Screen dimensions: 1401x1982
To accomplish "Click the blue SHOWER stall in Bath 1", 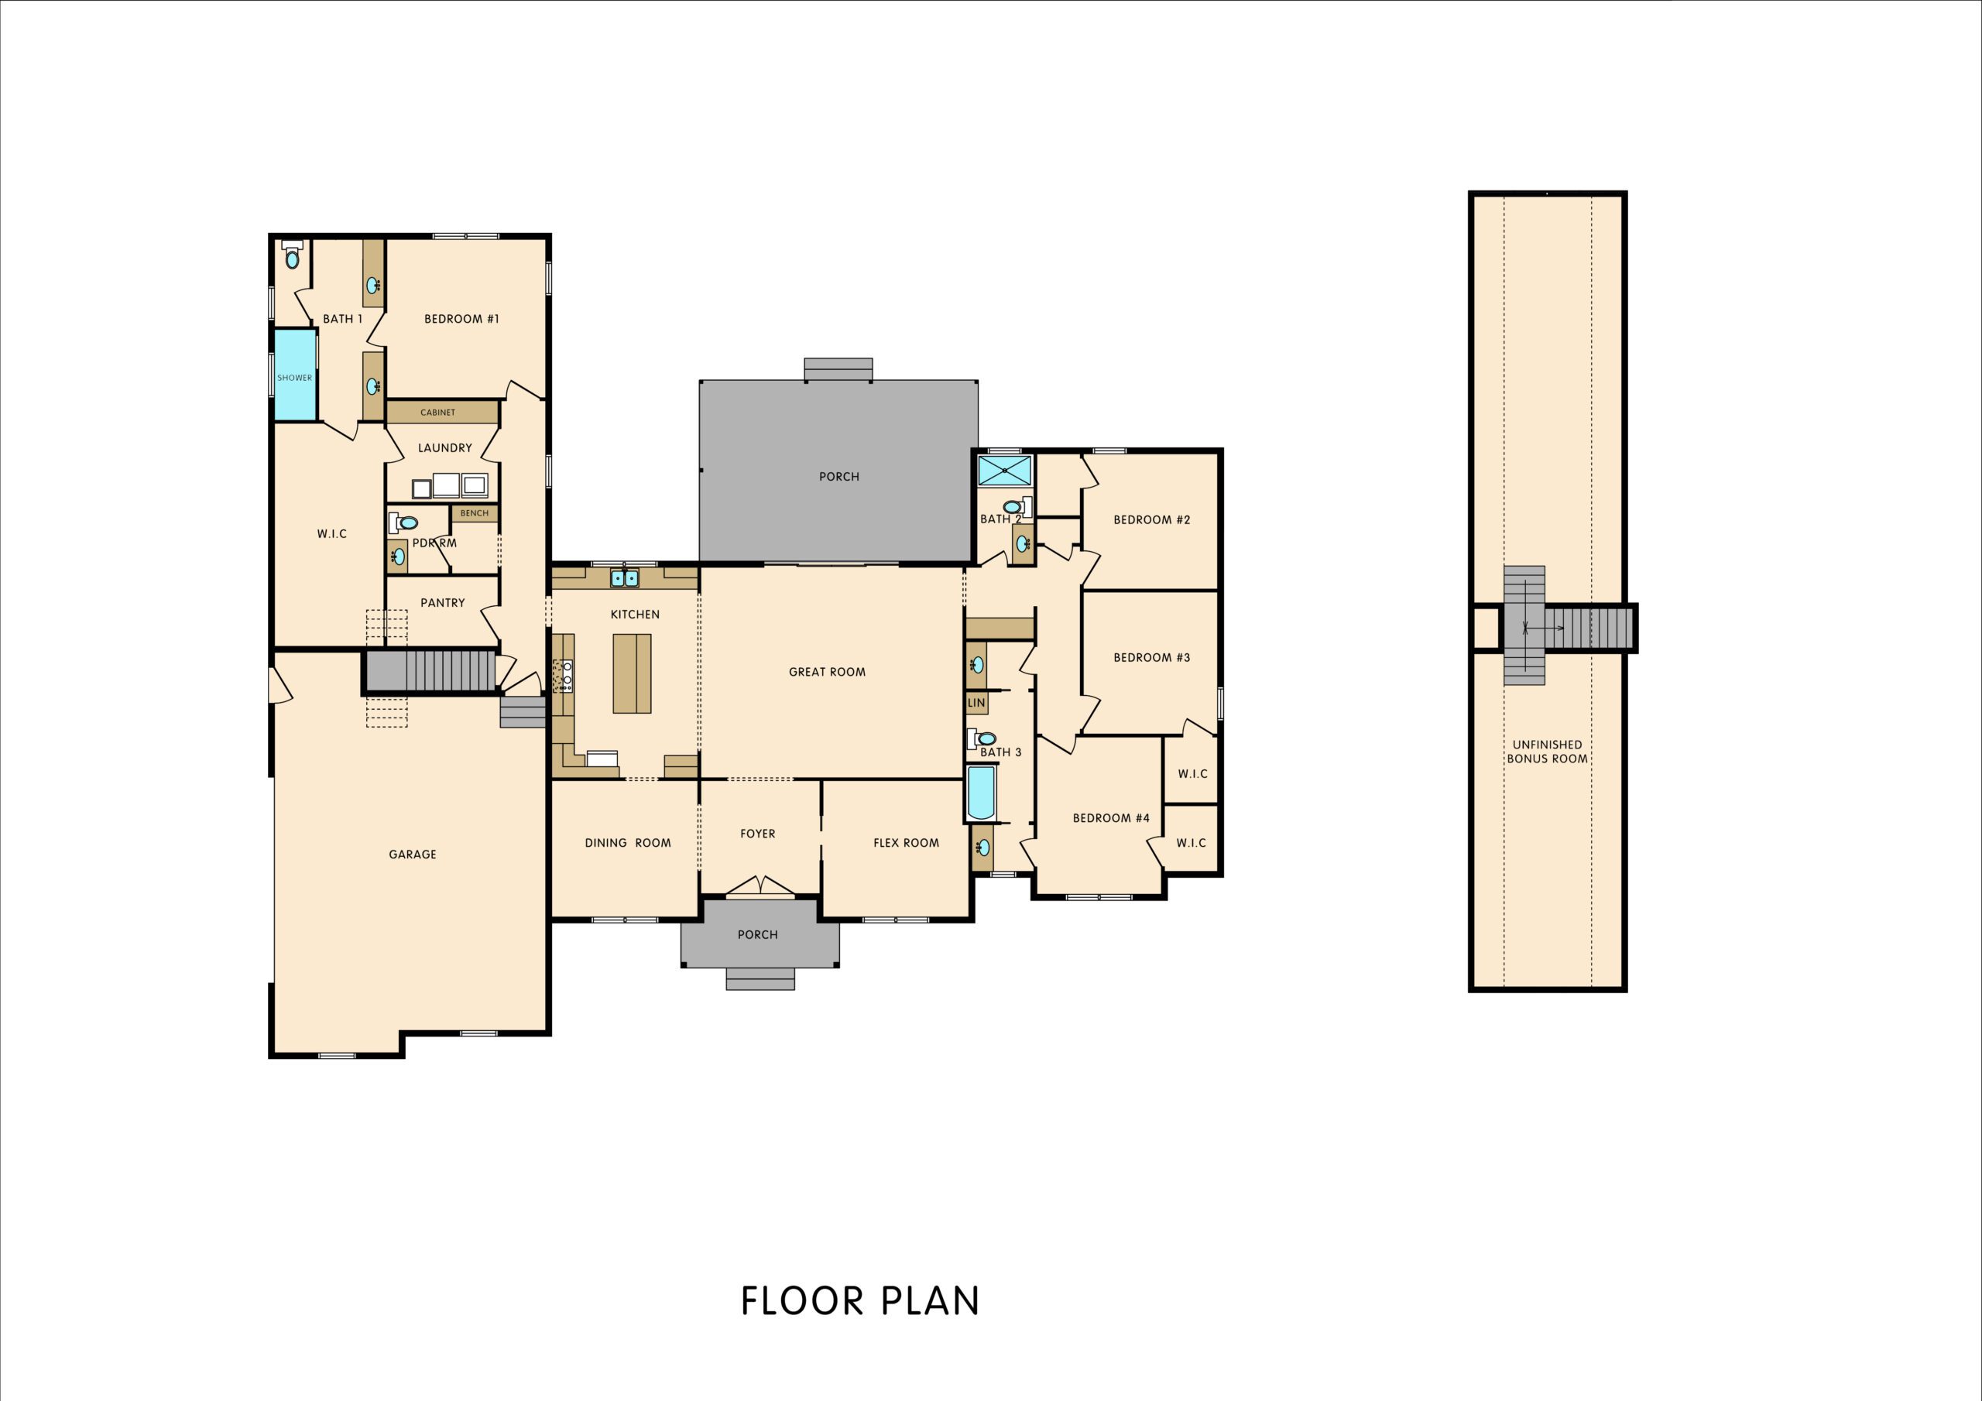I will [x=294, y=375].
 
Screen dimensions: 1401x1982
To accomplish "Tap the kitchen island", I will [x=632, y=673].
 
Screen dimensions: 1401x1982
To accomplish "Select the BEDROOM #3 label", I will [x=1150, y=658].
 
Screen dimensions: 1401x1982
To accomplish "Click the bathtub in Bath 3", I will [x=981, y=793].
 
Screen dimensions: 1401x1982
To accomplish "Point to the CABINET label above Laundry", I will [x=437, y=413].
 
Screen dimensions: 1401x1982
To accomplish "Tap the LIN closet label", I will [x=976, y=704].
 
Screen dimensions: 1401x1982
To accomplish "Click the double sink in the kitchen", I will [x=624, y=577].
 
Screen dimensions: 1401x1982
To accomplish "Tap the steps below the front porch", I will [x=760, y=978].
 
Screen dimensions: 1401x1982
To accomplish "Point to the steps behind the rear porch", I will [x=838, y=369].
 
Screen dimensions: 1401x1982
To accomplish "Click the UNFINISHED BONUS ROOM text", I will [x=1547, y=752].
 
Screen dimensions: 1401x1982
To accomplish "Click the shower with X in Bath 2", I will [x=1005, y=471].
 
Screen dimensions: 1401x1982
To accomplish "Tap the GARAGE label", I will [x=412, y=855].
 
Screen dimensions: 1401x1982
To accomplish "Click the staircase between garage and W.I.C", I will [x=430, y=671].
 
